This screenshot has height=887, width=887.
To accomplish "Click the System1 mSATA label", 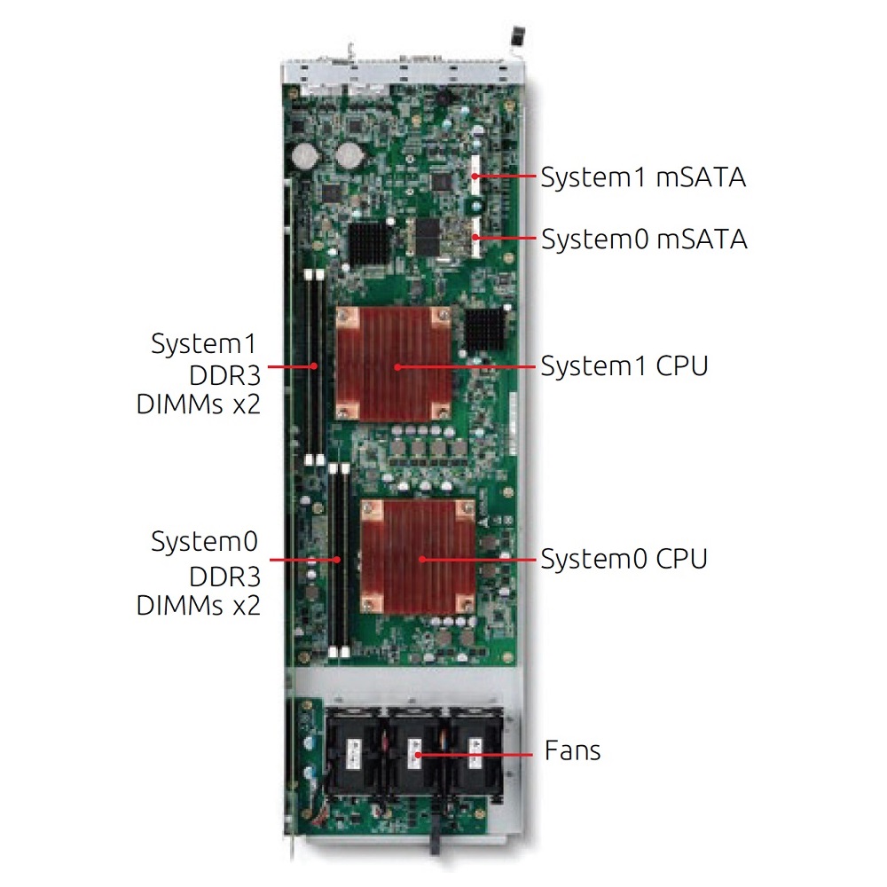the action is pos(643,177).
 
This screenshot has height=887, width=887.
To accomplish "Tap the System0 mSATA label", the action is pos(644,239).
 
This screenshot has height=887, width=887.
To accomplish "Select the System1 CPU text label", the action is pos(624,366).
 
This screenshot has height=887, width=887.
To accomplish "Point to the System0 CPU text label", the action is pos(624,559).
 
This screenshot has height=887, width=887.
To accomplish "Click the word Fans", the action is pos(572,750).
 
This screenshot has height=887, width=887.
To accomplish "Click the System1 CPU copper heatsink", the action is pos(395,364).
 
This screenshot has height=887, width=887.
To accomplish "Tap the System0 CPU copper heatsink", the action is pos(418,556).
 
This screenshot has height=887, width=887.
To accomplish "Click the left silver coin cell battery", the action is pos(306,153).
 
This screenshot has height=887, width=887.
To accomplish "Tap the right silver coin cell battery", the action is pos(348,153).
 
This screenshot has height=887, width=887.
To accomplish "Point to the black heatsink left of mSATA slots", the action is pos(371,243).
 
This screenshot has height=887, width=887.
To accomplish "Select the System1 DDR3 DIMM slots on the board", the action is pos(314,367).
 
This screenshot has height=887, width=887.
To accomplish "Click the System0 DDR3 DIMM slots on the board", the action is pos(338,560).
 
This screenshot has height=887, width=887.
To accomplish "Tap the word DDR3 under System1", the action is pos(224,375).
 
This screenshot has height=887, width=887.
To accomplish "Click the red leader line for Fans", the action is pos(475,754).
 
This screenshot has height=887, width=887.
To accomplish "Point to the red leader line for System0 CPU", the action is pos(477,560).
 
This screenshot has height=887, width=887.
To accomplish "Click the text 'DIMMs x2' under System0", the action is pos(199,605).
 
